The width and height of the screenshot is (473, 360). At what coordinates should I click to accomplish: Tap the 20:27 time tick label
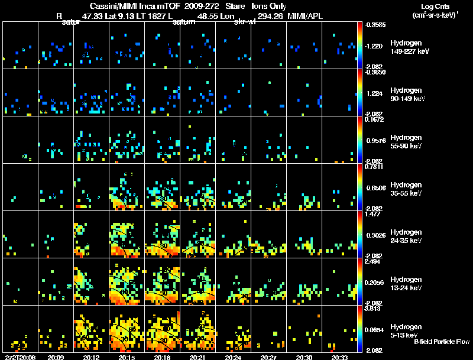(269, 357)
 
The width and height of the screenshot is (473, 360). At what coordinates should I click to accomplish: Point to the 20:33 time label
(340, 357)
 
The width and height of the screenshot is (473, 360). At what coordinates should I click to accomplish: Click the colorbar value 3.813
(372, 309)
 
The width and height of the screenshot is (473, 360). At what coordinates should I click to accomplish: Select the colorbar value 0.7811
(372, 167)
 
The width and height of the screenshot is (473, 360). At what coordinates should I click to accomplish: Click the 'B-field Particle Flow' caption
(441, 342)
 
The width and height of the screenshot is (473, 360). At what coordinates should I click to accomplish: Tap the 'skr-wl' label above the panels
(245, 22)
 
